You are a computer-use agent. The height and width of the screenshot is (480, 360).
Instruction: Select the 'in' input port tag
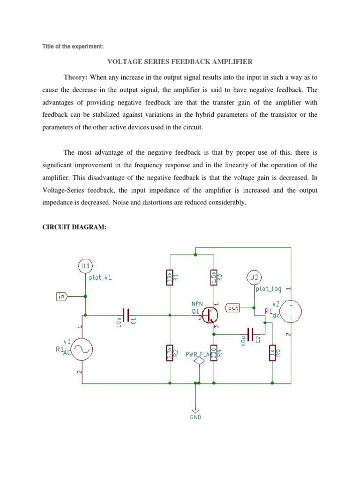click(62, 296)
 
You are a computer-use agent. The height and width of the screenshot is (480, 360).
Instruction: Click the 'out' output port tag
click(233, 307)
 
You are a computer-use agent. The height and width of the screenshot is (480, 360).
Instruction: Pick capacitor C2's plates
click(251, 334)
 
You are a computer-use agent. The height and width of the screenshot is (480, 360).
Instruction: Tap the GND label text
click(195, 417)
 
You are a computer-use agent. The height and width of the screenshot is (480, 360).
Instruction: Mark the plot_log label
click(268, 289)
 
